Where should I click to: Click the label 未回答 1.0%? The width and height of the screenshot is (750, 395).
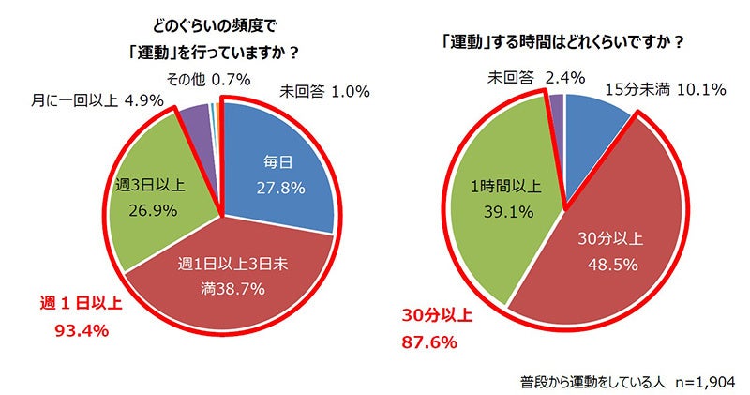click(x=323, y=92)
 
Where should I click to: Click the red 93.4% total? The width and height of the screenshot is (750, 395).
click(x=62, y=329)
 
